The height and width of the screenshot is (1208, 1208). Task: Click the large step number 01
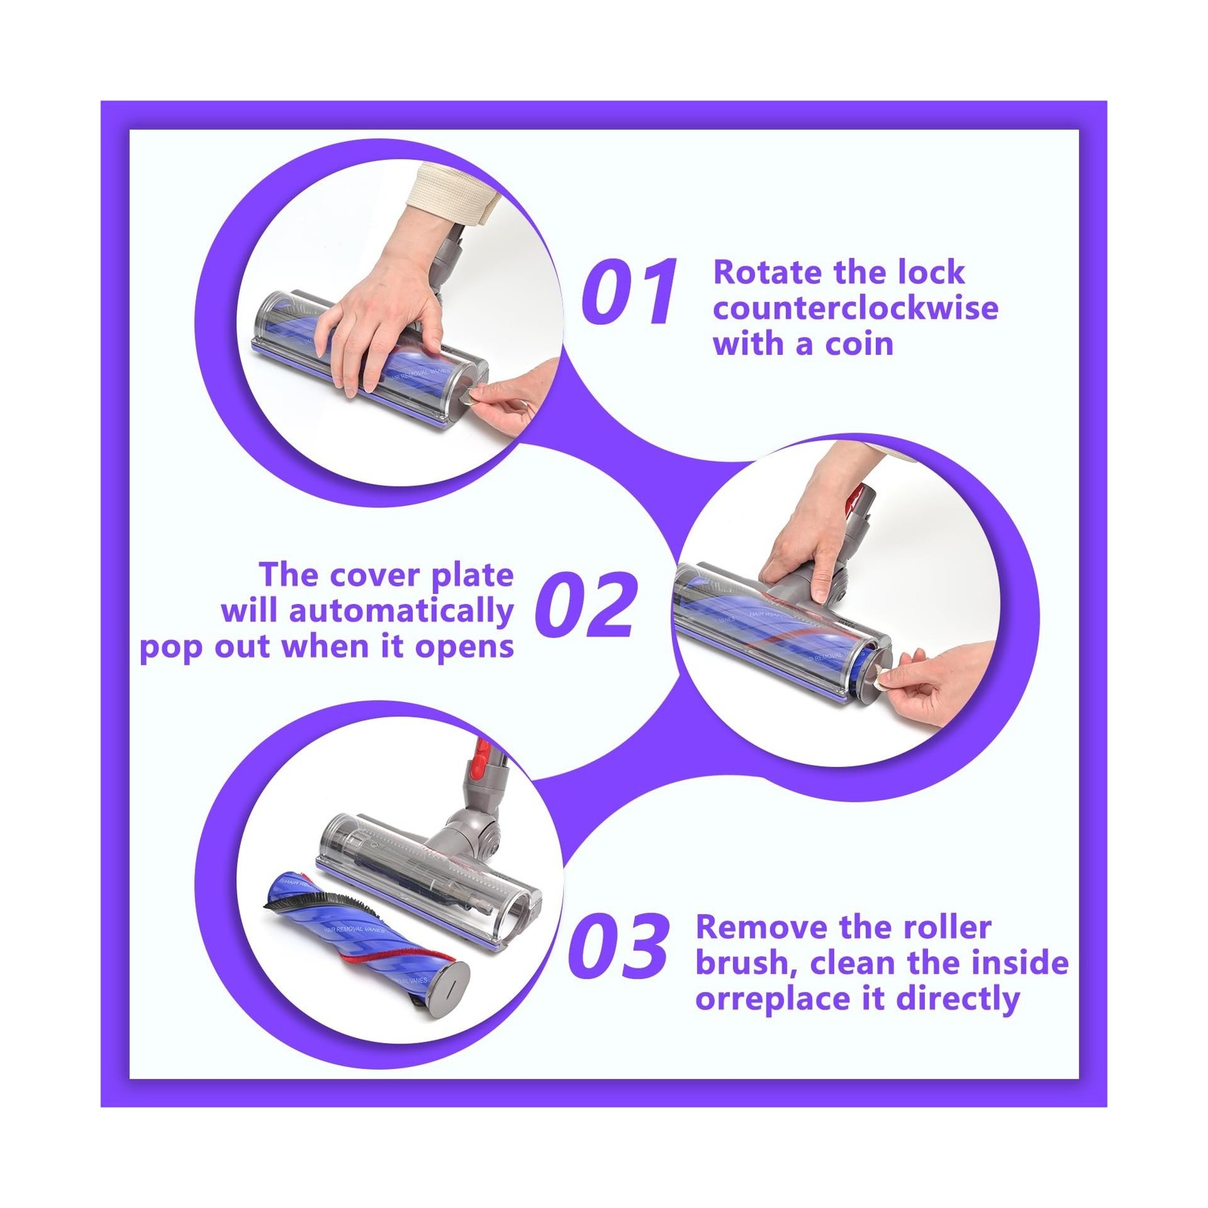click(x=630, y=291)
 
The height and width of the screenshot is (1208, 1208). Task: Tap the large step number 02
click(x=584, y=605)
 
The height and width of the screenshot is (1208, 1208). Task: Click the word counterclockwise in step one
click(x=855, y=308)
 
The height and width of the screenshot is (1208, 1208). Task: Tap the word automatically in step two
click(x=401, y=612)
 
